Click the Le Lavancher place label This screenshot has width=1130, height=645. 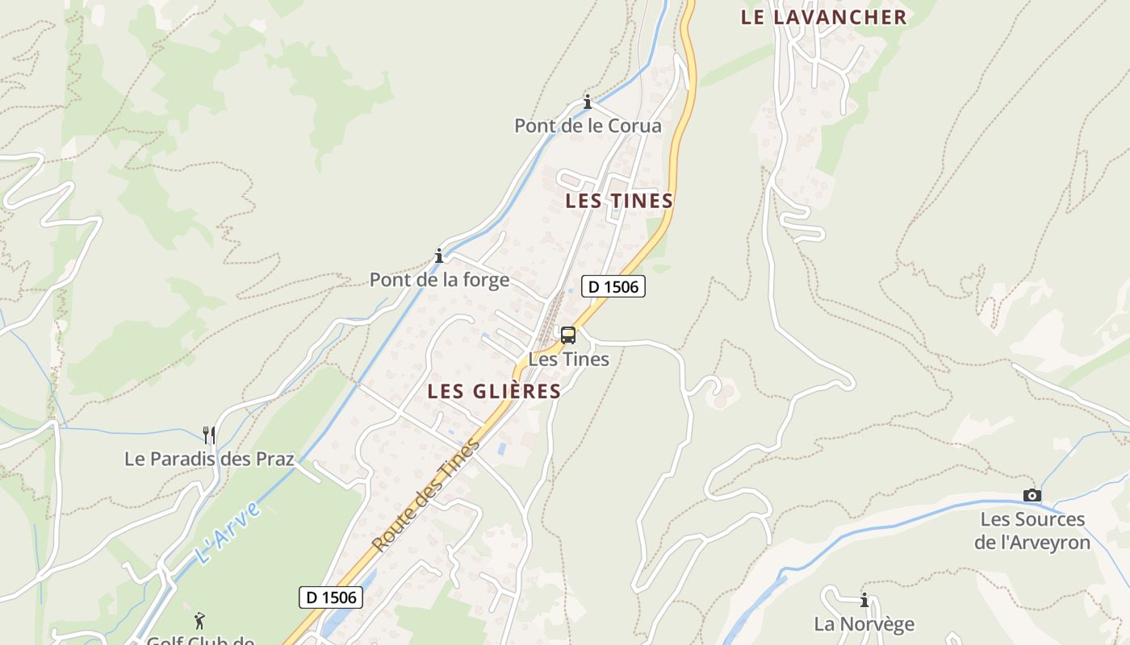[x=823, y=17]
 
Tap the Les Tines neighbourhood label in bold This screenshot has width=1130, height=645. [x=619, y=201]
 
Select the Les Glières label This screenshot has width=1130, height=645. [x=494, y=391]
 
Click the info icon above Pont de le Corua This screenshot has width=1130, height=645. [x=588, y=102]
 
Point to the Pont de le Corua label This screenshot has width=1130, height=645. [x=588, y=126]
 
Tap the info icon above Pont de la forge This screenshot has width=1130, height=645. [x=439, y=256]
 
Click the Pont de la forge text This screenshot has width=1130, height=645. [x=439, y=280]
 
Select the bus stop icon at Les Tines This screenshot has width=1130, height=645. [x=568, y=335]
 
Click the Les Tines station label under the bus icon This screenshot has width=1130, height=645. [x=568, y=359]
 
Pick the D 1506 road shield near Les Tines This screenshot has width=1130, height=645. [x=613, y=286]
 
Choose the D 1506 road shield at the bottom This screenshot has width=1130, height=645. [x=331, y=597]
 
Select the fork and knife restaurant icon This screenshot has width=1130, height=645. [x=209, y=435]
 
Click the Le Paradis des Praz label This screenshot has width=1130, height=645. [x=209, y=459]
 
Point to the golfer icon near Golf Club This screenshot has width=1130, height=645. [x=199, y=621]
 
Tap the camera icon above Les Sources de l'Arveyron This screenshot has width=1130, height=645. [x=1032, y=495]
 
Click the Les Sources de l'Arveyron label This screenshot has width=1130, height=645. [x=1032, y=531]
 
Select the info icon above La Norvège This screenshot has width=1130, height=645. [x=864, y=600]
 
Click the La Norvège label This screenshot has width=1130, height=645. [x=864, y=624]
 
